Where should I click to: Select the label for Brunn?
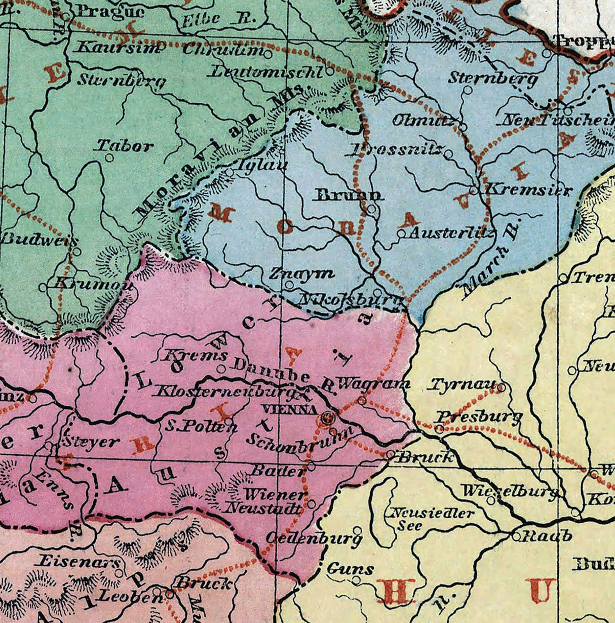(x=350, y=195)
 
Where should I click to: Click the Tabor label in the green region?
(x=125, y=146)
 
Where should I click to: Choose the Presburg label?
(x=479, y=417)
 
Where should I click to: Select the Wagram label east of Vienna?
(x=373, y=383)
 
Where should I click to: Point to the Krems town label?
(x=194, y=356)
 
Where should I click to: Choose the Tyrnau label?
(x=462, y=385)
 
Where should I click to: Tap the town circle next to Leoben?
(x=157, y=591)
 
